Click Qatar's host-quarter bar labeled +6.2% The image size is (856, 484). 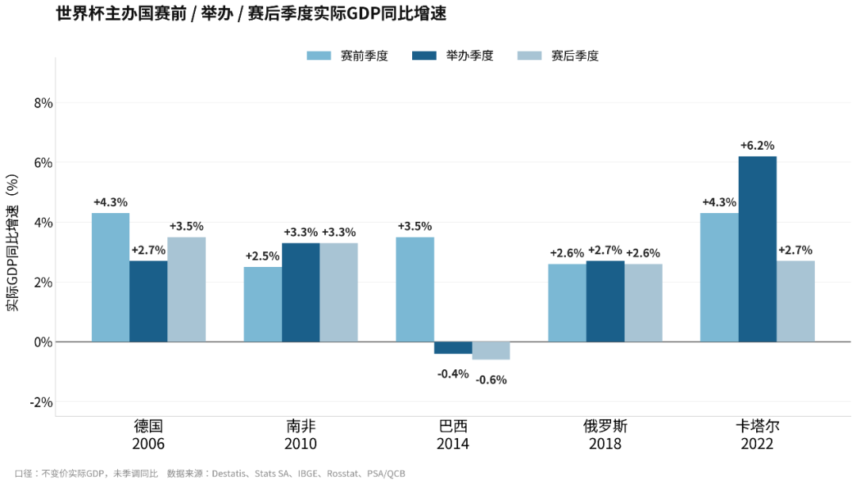click(x=757, y=250)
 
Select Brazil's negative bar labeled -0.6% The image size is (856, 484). click(x=491, y=351)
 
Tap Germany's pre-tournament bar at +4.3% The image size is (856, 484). click(x=110, y=278)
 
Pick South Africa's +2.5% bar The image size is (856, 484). click(x=262, y=304)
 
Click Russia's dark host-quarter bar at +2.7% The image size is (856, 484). click(x=606, y=302)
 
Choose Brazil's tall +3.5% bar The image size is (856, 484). click(x=415, y=290)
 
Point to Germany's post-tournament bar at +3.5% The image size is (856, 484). click(x=187, y=290)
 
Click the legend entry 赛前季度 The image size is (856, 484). click(x=347, y=55)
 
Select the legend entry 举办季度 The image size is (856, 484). click(x=453, y=55)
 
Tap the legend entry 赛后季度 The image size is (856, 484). click(x=558, y=55)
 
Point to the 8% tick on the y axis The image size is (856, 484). click(x=43, y=103)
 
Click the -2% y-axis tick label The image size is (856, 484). click(x=41, y=402)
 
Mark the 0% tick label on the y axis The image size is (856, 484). click(x=43, y=342)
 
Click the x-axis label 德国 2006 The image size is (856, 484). click(x=148, y=434)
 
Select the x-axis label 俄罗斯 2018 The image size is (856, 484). click(x=605, y=434)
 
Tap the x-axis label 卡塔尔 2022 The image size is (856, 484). click(x=757, y=434)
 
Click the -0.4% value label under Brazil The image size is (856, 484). click(x=453, y=374)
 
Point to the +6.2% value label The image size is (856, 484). click(x=757, y=146)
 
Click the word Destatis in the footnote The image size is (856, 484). click(x=228, y=474)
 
